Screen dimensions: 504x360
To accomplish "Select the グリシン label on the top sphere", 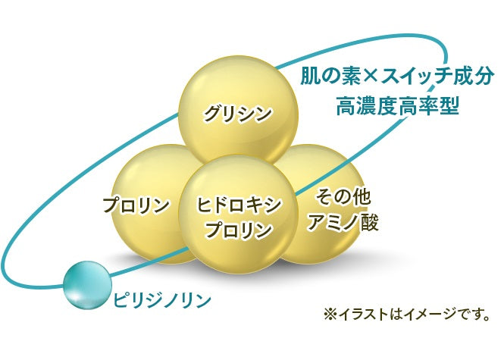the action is coord(238,113).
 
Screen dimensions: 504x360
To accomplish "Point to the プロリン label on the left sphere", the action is coord(136,205).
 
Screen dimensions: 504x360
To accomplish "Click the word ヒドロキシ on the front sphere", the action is coord(239,205).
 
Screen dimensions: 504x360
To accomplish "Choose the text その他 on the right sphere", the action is coord(343,197).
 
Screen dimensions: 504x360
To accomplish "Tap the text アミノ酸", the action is coord(343,221).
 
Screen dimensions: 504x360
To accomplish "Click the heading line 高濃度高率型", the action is coord(397,106).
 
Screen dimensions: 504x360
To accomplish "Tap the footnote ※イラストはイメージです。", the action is coord(406,314).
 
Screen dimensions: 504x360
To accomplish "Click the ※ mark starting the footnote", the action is coord(330,315).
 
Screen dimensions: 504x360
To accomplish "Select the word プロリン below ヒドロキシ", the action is coord(239,230).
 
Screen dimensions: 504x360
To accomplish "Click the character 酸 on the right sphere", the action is coord(369,221).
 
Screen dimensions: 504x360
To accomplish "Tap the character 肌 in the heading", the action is coord(310,77).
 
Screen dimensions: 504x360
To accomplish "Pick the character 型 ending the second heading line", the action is coord(449,106).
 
